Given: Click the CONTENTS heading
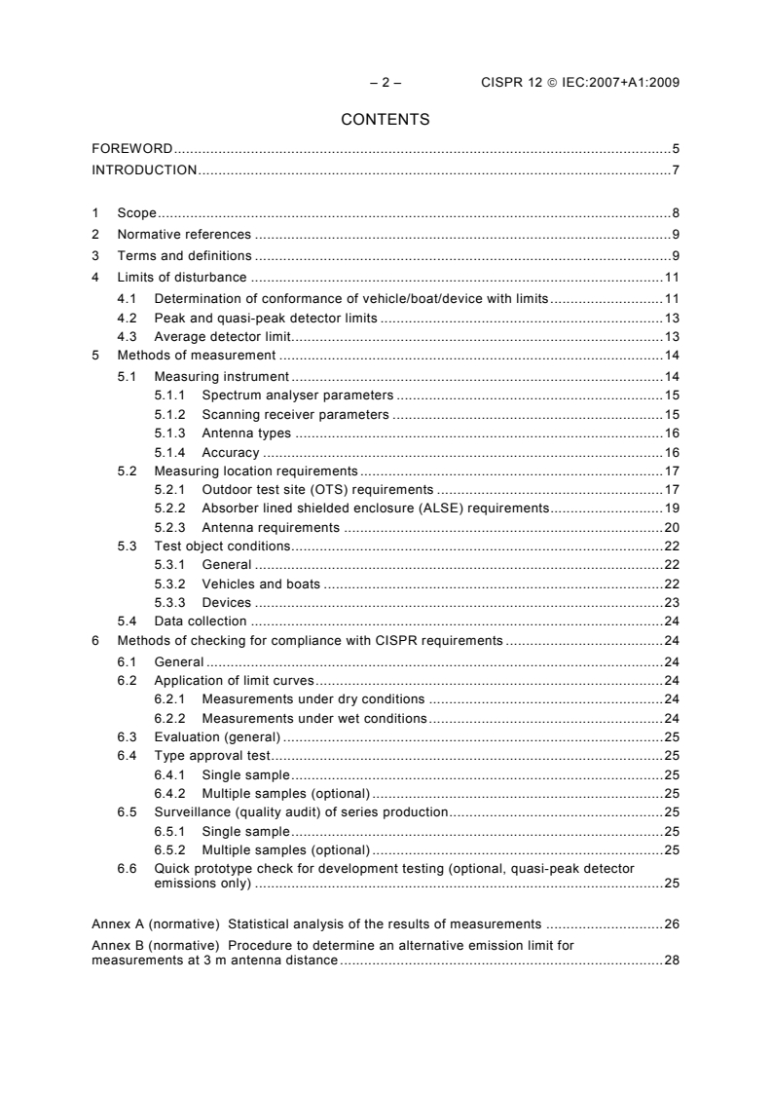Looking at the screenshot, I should point(386,120).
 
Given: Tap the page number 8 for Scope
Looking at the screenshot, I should point(675,212).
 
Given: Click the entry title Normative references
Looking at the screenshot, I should point(184,234).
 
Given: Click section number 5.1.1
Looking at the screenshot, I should point(171,395).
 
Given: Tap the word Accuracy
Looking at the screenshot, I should point(230,452).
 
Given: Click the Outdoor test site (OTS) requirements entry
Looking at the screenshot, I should point(316,489).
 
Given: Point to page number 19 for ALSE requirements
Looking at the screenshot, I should point(671,509).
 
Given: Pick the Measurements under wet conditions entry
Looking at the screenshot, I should point(313,718).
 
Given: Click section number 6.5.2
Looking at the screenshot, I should point(171,849).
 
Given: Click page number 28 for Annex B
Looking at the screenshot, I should point(671,961).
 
